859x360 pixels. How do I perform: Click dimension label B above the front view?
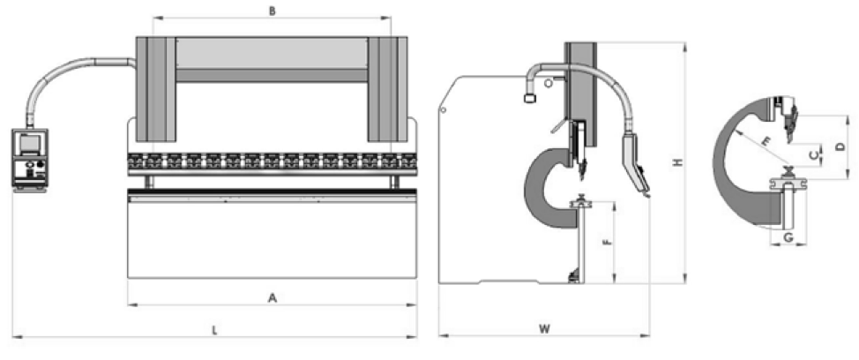273,11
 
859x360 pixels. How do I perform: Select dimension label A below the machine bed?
273,298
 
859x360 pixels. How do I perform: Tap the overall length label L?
215,330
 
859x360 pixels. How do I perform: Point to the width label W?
544,329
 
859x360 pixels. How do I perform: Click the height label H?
677,162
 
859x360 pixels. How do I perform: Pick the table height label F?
605,241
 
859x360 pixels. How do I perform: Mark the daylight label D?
840,146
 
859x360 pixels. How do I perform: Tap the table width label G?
788,238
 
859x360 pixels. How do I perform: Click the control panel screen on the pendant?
29,142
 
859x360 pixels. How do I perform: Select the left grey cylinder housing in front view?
156,89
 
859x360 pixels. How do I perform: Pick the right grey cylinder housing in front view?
387,89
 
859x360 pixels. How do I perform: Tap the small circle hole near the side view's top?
549,83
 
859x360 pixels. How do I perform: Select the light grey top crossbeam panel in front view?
272,53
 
